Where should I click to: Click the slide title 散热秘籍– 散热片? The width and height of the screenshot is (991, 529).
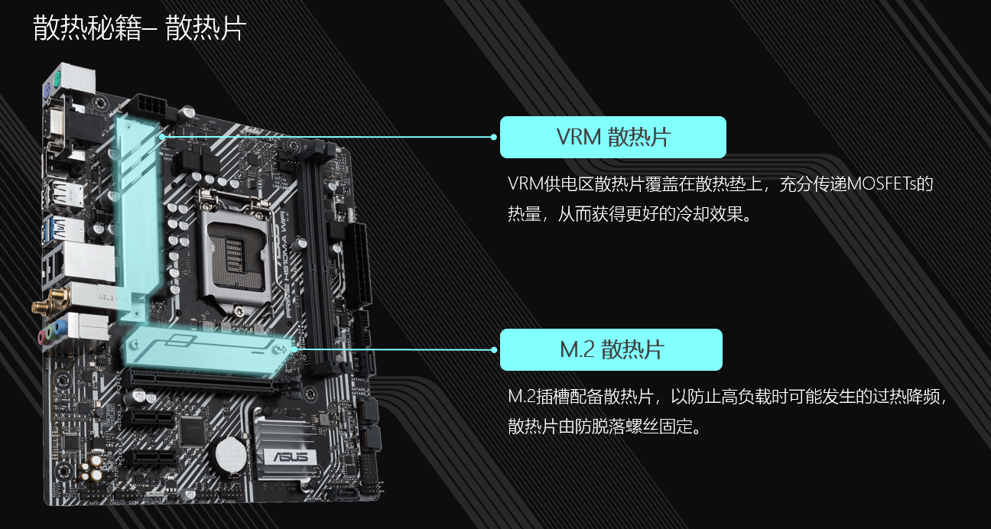[x=139, y=28]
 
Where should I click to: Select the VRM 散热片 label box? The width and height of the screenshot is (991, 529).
[x=612, y=137]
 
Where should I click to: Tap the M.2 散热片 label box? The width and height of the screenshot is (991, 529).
[x=611, y=349]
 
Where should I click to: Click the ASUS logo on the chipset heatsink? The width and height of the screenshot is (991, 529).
[x=290, y=456]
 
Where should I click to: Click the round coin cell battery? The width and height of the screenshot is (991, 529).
[x=230, y=455]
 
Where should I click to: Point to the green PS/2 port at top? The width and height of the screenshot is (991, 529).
[x=57, y=81]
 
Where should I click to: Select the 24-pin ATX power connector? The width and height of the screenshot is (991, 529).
[x=361, y=265]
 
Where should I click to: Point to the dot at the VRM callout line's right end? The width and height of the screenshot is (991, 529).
[x=494, y=137]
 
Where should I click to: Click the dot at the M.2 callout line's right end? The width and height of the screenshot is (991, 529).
[x=494, y=350]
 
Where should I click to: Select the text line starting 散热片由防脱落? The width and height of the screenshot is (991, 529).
[x=604, y=426]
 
